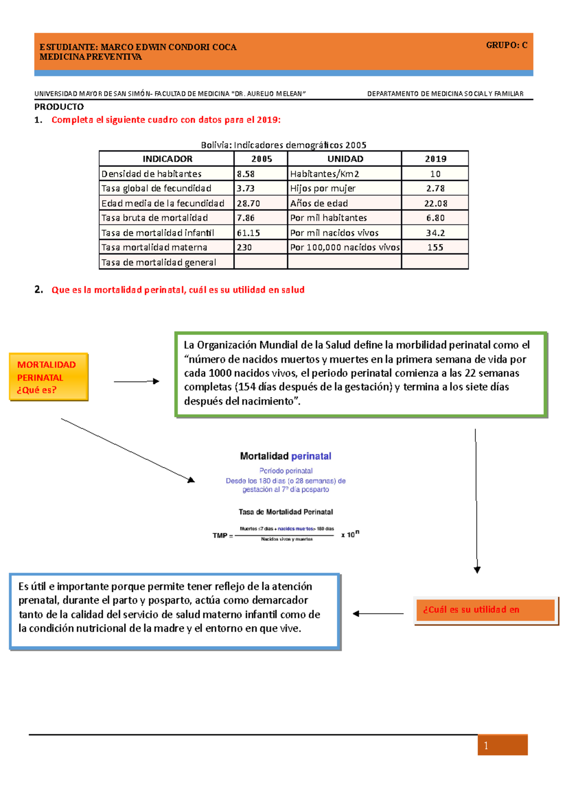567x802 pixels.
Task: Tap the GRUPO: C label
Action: point(507,45)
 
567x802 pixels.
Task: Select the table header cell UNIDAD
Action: point(345,159)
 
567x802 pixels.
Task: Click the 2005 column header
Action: point(261,159)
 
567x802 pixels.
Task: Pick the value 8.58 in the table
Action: point(246,174)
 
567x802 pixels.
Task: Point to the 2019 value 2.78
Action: point(435,188)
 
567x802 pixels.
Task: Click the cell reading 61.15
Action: point(249,233)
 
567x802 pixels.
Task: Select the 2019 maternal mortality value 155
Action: point(435,247)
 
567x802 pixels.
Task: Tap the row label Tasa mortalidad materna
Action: point(154,247)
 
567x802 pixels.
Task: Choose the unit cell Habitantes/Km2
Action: point(325,174)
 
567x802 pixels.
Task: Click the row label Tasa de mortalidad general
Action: point(159,263)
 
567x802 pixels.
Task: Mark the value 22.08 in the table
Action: point(435,204)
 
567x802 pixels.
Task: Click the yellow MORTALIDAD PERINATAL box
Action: point(48,377)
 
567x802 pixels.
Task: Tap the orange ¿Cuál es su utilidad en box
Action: point(485,610)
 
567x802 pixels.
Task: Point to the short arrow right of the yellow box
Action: point(136,381)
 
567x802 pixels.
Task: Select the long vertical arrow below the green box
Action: point(476,501)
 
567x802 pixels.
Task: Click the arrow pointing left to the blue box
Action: point(378,614)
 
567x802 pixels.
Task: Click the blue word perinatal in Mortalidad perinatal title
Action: point(311,456)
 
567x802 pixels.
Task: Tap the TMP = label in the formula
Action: point(223,536)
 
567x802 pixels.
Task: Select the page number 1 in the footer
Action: point(486,746)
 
